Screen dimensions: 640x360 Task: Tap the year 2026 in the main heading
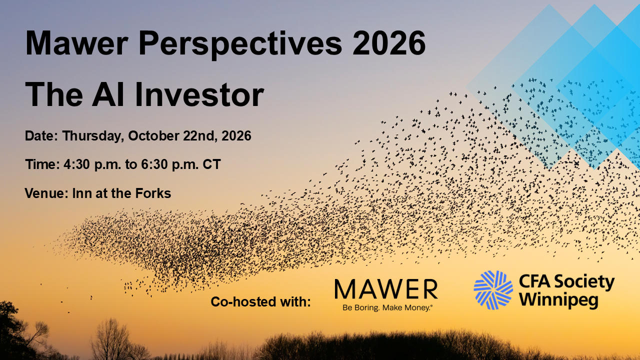pos(389,43)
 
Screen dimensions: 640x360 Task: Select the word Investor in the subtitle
pos(199,94)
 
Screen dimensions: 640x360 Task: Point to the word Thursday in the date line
pos(93,136)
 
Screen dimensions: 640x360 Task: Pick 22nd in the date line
pos(200,136)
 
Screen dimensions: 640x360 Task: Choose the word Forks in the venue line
pos(153,193)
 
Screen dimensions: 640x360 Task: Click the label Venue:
pos(46,193)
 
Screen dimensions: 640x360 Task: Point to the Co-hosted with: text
pos(260,301)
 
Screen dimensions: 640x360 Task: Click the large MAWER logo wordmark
pos(386,289)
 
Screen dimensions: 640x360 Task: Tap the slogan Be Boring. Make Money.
pos(387,307)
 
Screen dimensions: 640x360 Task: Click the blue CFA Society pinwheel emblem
pos(493,290)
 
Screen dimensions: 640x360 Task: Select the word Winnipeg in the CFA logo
pos(558,299)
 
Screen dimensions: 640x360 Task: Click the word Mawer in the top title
pos(76,43)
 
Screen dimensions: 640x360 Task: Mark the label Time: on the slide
pos(42,164)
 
